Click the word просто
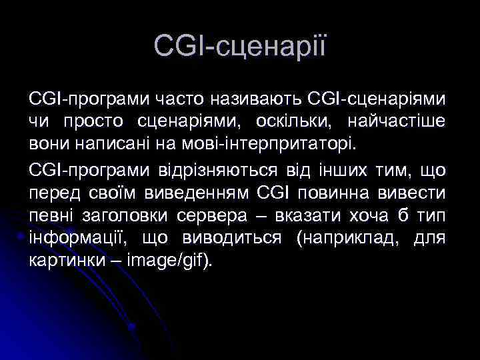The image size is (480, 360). click(x=97, y=121)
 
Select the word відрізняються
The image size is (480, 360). click(x=209, y=171)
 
